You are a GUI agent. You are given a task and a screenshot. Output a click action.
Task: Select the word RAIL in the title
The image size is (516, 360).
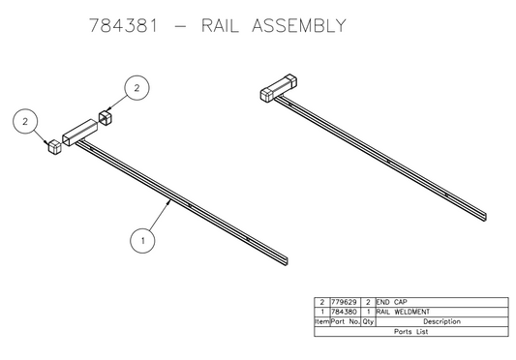(x=225, y=23)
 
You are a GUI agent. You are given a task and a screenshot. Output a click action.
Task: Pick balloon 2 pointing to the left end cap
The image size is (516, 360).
(x=23, y=123)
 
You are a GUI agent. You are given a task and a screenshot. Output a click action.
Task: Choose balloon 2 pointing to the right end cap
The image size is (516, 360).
(x=137, y=88)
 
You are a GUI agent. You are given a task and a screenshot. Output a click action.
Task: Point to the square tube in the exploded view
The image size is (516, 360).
(x=80, y=133)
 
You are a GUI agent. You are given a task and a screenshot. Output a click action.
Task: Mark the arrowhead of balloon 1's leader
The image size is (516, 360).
(x=170, y=201)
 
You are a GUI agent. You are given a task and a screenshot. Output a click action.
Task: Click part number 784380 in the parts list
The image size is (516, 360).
(x=343, y=312)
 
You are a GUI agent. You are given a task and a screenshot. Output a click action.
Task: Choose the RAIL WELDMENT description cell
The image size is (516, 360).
(x=400, y=312)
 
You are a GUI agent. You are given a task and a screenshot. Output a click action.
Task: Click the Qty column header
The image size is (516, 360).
(x=368, y=321)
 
